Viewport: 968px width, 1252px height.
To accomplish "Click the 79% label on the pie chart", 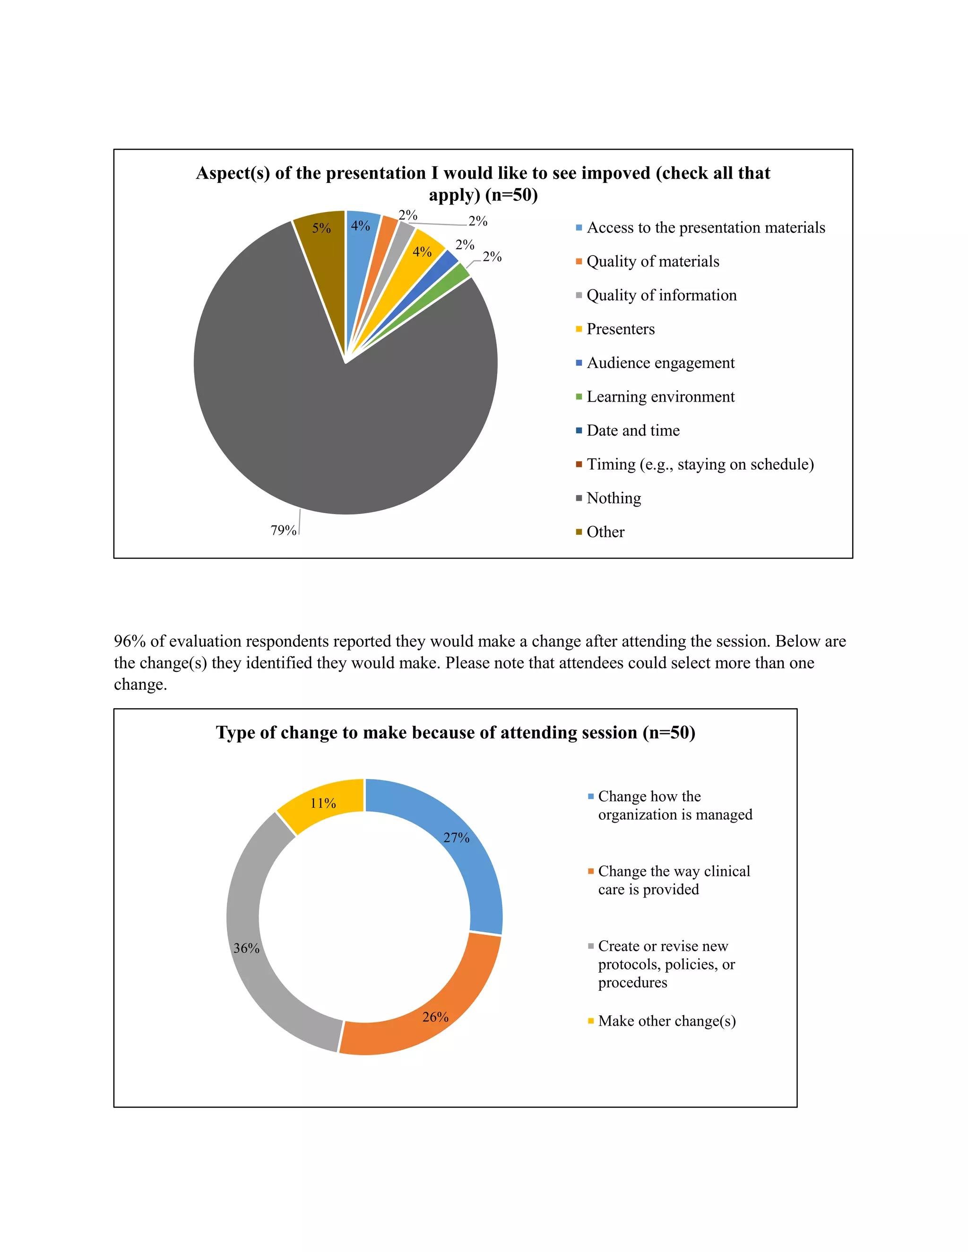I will point(283,530).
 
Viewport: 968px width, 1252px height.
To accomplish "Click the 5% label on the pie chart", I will point(321,228).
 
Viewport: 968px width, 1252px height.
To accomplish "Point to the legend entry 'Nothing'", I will point(614,498).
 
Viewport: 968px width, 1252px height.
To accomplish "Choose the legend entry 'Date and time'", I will point(632,430).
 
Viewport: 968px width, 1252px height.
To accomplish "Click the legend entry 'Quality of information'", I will point(661,295).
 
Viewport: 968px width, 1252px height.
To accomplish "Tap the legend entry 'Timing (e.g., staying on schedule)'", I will point(700,464).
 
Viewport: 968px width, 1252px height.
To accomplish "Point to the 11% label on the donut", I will point(323,803).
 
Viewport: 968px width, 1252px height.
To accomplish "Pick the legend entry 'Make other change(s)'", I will point(666,1021).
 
